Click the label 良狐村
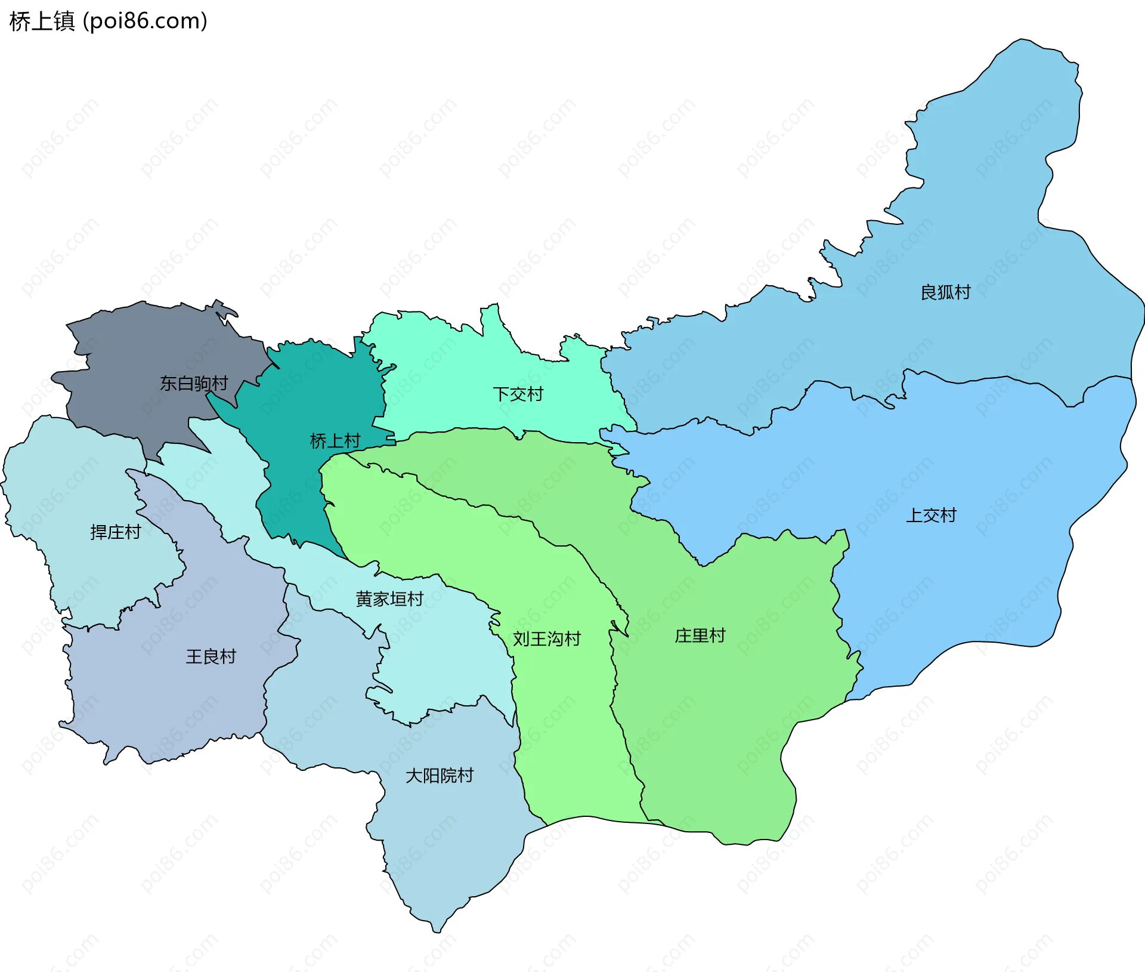pyautogui.click(x=945, y=292)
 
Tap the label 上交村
pyautogui.click(x=931, y=515)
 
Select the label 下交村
pyautogui.click(x=518, y=394)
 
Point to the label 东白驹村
pyautogui.click(x=194, y=383)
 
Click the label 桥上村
pyautogui.click(x=335, y=441)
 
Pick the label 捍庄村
pyautogui.click(x=115, y=532)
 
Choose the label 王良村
pyautogui.click(x=211, y=656)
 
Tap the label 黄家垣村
pyautogui.click(x=389, y=598)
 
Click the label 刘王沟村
pyautogui.click(x=546, y=638)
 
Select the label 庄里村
pyautogui.click(x=700, y=635)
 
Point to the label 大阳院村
pyautogui.click(x=439, y=775)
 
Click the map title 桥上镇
pyautogui.click(x=42, y=21)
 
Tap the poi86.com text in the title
pyautogui.click(x=145, y=21)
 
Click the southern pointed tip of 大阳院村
pyautogui.click(x=437, y=930)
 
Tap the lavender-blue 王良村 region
pyautogui.click(x=179, y=704)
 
